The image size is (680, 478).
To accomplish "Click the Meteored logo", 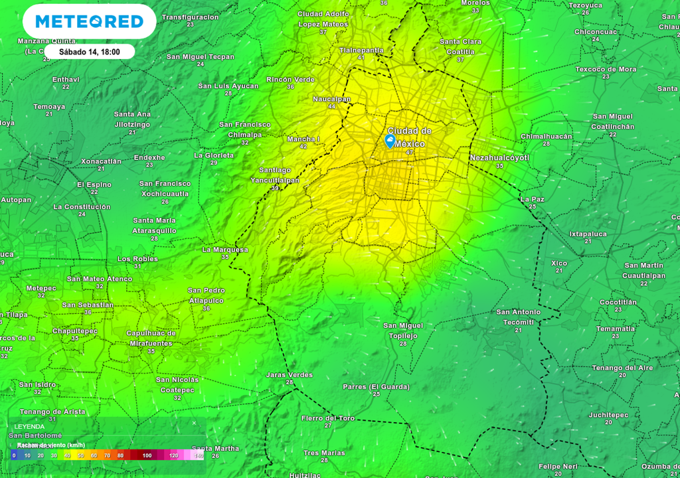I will click(x=90, y=22).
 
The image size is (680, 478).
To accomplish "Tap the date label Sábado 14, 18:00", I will click(x=89, y=52).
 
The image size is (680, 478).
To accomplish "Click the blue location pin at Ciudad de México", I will click(x=390, y=141).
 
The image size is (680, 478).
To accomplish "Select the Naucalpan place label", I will click(x=332, y=99).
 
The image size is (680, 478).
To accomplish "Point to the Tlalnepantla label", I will click(x=361, y=50).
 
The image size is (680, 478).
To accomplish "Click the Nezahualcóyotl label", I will click(x=499, y=157).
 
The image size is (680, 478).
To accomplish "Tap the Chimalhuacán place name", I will click(x=546, y=136).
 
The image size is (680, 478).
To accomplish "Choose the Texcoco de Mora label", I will click(x=606, y=69).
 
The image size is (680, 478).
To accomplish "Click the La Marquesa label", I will click(x=225, y=250).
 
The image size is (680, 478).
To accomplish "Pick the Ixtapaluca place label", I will click(x=588, y=234).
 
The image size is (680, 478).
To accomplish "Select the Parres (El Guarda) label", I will click(x=376, y=386).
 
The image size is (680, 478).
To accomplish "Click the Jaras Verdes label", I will click(x=289, y=375).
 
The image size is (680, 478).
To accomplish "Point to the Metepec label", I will click(x=41, y=288).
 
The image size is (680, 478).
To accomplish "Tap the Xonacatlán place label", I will click(x=101, y=161).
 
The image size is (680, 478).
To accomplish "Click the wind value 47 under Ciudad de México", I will click(x=409, y=153).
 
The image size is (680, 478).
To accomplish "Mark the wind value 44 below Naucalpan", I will click(x=331, y=106).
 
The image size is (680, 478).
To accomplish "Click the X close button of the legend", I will click(x=194, y=423).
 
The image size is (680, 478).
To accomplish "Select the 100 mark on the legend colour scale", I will click(x=147, y=455).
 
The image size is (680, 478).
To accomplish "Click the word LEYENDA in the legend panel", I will click(x=29, y=426).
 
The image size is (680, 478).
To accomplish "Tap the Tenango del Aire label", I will click(x=622, y=368).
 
